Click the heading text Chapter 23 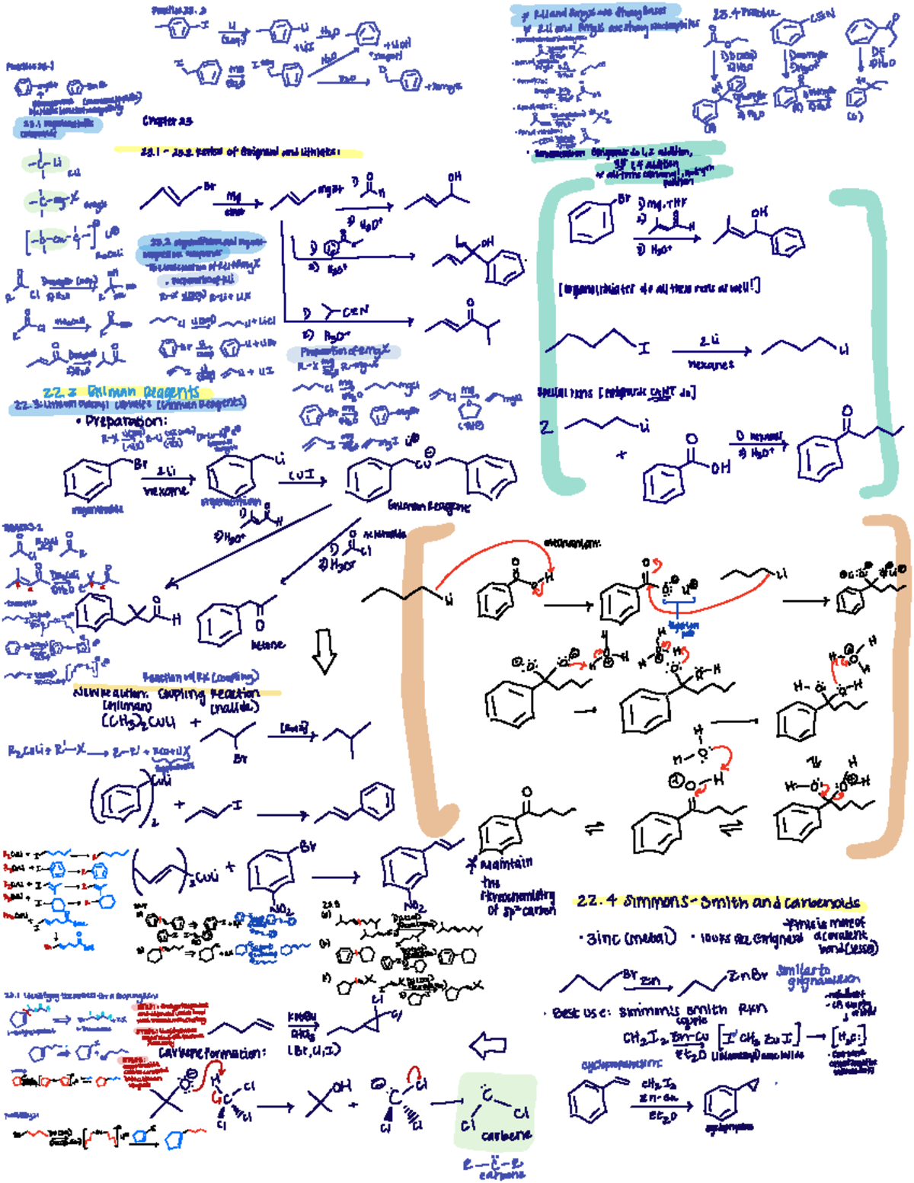(168, 120)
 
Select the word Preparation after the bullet (126, 421)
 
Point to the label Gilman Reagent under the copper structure (429, 506)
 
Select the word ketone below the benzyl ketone (268, 644)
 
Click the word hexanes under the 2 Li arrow (711, 365)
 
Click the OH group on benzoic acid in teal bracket (720, 468)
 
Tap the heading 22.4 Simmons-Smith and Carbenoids (720, 902)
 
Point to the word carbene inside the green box (506, 1136)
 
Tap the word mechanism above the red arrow (572, 543)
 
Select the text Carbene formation (213, 1053)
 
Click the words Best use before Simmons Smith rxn (581, 1012)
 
